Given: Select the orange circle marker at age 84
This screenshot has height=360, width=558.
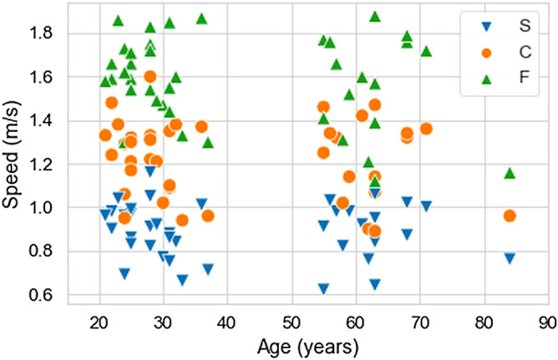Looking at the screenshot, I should coord(510,215).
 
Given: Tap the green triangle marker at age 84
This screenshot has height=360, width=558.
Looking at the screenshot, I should coord(510,173).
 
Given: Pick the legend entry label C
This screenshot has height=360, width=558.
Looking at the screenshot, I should coord(524,52).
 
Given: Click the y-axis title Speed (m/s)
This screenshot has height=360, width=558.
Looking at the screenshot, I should coord(12,155).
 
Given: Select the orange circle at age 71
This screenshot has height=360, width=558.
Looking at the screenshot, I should coord(426,129).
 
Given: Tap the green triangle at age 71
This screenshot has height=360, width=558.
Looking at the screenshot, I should coord(426,51).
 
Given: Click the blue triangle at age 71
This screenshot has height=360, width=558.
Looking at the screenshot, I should coord(426,206).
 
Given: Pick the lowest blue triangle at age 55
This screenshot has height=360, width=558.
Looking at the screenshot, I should coord(323,289).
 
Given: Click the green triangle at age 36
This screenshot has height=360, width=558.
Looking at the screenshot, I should coord(201,18).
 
